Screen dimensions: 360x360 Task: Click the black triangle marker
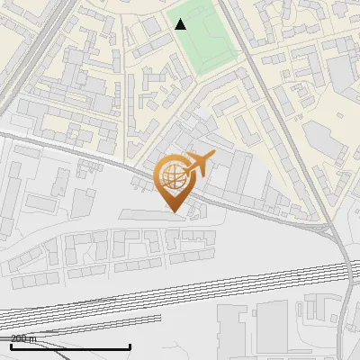(x=180, y=23)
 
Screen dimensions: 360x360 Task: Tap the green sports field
(x=203, y=41)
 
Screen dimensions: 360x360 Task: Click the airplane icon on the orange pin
(x=197, y=164)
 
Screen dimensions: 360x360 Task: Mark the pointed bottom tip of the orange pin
(x=174, y=211)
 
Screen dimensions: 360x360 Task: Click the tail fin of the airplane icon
(x=210, y=157)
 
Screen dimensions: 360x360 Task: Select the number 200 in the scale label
(x=19, y=338)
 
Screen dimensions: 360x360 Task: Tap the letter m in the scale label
(x=33, y=338)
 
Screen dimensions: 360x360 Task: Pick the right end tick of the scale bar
(x=130, y=346)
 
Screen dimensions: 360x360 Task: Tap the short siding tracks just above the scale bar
(x=54, y=324)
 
